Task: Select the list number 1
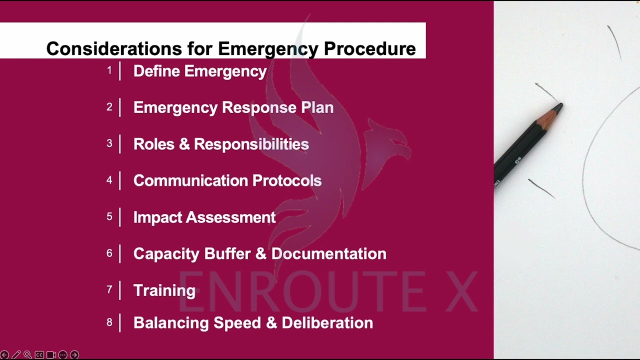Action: (x=109, y=71)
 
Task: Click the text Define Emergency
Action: (x=199, y=71)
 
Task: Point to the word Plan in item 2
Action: (x=317, y=107)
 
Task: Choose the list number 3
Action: (x=109, y=144)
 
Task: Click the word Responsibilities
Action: (x=251, y=144)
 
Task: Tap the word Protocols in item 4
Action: (x=286, y=180)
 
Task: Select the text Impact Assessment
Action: (x=204, y=217)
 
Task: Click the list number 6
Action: (x=109, y=253)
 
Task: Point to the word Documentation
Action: (x=328, y=253)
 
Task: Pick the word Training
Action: (x=164, y=290)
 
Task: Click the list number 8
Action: (x=109, y=322)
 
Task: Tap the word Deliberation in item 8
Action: (x=327, y=322)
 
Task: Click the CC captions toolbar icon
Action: (x=39, y=355)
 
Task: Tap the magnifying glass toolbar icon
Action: (x=27, y=355)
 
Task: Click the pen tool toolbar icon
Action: (x=16, y=355)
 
